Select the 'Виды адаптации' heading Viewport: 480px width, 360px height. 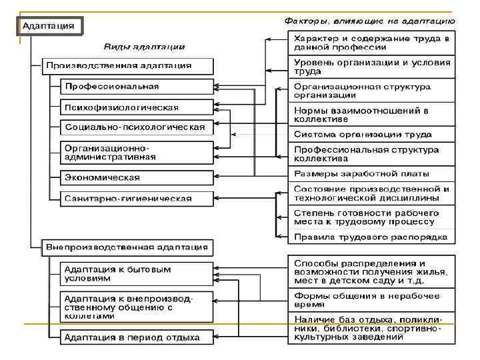tap(144, 47)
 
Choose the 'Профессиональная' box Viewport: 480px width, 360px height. tap(136, 87)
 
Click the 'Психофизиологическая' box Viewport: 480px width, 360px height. tap(136, 107)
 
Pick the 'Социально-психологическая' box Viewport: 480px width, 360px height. tap(136, 127)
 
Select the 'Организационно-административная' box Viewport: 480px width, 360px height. tap(136, 152)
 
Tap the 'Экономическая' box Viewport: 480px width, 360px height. tap(136, 177)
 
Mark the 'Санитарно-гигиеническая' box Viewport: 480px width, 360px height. tap(136, 198)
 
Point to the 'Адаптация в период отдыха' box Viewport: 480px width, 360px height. tap(136, 337)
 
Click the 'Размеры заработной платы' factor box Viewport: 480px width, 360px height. tap(371, 175)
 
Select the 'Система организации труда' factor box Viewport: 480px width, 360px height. tap(371, 134)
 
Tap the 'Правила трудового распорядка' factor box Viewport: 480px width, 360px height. tap(371, 237)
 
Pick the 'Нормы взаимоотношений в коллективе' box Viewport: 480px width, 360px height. tap(371, 114)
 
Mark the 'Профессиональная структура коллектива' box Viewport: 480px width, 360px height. tap(371, 155)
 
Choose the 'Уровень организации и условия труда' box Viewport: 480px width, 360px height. tap(371, 66)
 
